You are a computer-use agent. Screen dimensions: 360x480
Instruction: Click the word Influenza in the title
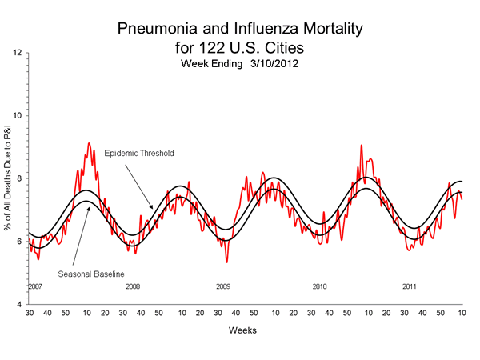(260, 30)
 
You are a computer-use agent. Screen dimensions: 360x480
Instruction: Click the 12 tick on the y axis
(17, 53)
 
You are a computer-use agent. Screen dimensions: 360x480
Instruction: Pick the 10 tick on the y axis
(17, 116)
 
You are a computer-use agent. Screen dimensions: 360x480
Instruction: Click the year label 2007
(36, 286)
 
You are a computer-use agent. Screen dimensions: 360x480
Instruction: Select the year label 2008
(132, 286)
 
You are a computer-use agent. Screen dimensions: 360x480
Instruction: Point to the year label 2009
(223, 286)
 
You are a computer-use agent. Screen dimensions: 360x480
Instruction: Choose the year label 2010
(320, 286)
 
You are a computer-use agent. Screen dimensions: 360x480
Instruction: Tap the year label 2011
(409, 286)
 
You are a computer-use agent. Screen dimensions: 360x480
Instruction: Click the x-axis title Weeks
(246, 329)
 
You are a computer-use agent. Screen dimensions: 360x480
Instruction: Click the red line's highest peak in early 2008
(89, 143)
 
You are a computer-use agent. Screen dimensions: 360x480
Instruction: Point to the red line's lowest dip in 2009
(226, 262)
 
